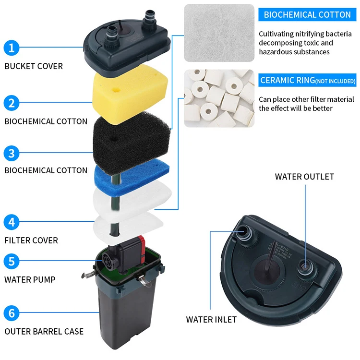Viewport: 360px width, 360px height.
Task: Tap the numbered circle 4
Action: pos(12,223)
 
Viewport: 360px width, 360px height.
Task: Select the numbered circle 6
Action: pos(12,314)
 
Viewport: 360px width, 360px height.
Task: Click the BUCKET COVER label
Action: pos(34,66)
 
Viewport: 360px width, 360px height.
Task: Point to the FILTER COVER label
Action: pos(31,240)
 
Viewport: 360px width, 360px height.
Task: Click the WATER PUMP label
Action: pos(30,279)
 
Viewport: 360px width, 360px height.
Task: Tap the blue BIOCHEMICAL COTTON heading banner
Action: pos(307,14)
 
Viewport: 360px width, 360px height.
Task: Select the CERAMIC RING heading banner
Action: pos(308,80)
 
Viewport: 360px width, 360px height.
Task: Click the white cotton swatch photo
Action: pos(219,33)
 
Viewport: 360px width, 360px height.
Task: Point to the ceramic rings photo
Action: pos(219,98)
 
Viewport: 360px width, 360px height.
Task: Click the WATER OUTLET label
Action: pos(304,177)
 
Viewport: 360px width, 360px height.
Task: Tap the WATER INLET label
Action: pos(211,319)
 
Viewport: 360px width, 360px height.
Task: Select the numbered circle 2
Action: pos(12,103)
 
